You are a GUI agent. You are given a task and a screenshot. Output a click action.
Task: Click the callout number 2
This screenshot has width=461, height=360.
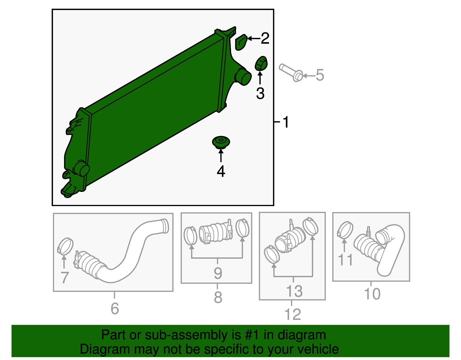(x=265, y=38)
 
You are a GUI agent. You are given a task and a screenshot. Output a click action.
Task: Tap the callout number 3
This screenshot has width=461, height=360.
(x=260, y=93)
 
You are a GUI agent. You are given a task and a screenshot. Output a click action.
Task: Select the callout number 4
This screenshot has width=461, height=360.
(x=221, y=171)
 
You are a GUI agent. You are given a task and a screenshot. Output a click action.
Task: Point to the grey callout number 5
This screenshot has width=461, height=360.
(x=320, y=75)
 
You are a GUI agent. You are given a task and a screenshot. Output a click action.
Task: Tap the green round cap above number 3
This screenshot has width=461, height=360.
(x=261, y=63)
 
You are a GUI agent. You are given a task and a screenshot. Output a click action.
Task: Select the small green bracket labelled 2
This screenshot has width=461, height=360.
(x=241, y=42)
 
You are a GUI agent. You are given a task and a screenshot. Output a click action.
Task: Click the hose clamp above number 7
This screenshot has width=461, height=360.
(x=65, y=246)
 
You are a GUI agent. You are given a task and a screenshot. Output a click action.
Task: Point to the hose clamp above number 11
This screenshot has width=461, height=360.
(x=345, y=230)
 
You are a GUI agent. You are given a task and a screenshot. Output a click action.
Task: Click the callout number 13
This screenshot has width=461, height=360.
(x=294, y=291)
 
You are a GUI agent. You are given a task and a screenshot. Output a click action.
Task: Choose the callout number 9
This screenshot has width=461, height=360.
(x=218, y=273)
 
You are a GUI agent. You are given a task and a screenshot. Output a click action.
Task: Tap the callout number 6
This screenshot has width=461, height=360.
(x=115, y=308)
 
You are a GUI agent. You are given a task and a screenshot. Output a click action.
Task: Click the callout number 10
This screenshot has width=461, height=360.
(x=372, y=294)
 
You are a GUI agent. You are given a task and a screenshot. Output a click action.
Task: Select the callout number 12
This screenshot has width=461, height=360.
(x=293, y=314)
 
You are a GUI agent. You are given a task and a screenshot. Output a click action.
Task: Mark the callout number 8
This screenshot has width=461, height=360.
(x=218, y=297)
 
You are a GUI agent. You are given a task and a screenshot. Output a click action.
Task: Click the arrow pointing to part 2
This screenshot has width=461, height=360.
(x=254, y=38)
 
